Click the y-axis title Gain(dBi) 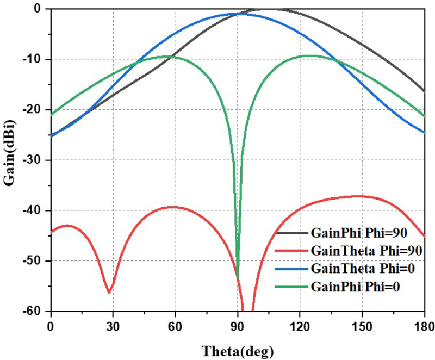[x=10, y=159]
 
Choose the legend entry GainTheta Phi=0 [x=358, y=269]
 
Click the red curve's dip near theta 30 [x=109, y=292]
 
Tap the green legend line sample [x=292, y=287]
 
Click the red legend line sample [x=292, y=251]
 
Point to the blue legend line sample [x=292, y=269]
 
